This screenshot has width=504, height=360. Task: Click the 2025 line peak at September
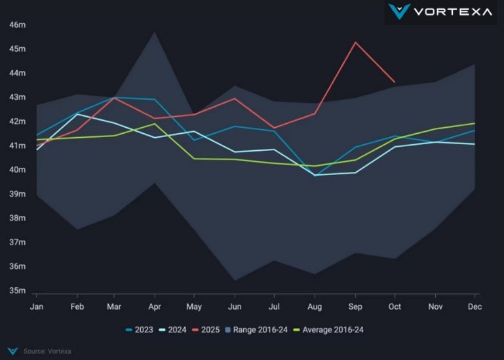(x=355, y=42)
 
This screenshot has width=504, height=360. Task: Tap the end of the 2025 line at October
(x=395, y=82)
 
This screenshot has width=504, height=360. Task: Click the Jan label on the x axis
(x=37, y=306)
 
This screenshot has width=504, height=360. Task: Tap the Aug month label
(x=315, y=306)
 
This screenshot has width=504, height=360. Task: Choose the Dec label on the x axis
(x=475, y=306)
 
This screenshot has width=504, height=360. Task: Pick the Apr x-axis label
(x=155, y=306)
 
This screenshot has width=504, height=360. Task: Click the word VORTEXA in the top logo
(x=453, y=11)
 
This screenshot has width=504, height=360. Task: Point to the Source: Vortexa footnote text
(x=47, y=351)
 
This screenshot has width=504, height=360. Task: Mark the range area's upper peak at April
(x=155, y=31)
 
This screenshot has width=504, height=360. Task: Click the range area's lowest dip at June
(x=235, y=281)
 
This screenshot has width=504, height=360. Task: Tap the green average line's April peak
(x=155, y=124)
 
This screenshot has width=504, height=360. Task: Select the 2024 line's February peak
(x=77, y=114)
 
